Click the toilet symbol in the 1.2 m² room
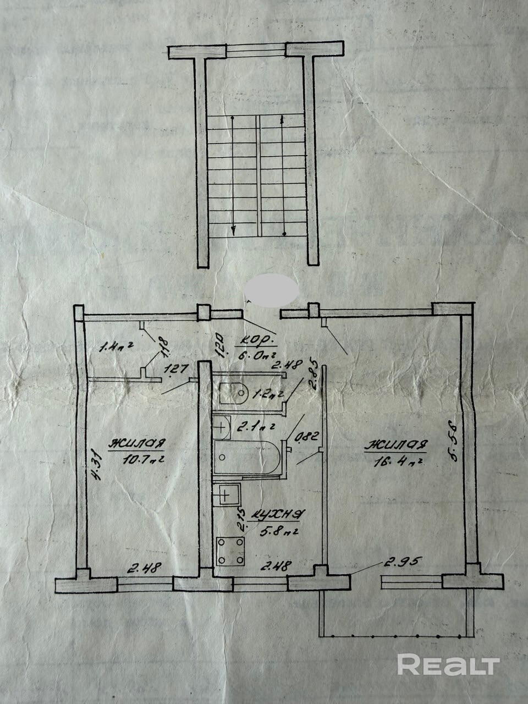pos(234,392)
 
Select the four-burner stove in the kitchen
pos(230,551)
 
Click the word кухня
pos(276,515)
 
